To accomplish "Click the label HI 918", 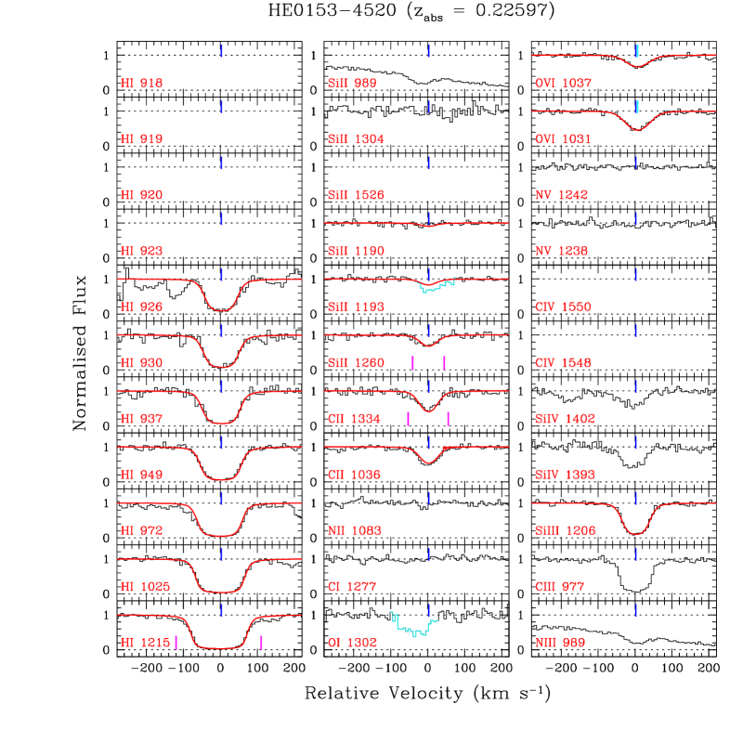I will [x=141, y=84].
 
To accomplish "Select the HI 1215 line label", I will [x=144, y=643].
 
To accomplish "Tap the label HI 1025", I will [x=144, y=587].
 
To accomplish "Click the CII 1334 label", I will [x=354, y=419].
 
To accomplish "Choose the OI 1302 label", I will [x=352, y=643].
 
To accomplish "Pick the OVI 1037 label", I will [x=563, y=84].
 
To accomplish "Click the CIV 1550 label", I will [x=563, y=307].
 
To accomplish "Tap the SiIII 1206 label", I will [x=565, y=531].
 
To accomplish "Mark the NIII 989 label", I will [x=559, y=643].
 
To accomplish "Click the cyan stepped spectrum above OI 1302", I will [x=413, y=629].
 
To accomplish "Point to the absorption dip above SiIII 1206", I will [x=636, y=533].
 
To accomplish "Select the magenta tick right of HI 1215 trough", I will [x=262, y=642].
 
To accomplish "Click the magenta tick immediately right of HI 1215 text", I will [x=176, y=642].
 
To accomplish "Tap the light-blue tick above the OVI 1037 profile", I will [x=637, y=51].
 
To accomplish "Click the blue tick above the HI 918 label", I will [x=221, y=51].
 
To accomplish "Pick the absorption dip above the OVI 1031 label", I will [x=637, y=128].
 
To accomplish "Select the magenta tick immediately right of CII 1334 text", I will [x=408, y=419].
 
